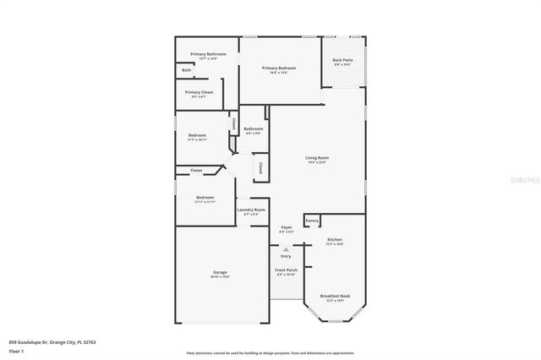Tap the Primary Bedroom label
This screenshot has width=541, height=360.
pyautogui.click(x=279, y=68)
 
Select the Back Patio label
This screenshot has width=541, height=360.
pyautogui.click(x=343, y=61)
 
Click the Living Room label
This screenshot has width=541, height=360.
pyautogui.click(x=317, y=158)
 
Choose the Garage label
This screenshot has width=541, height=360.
pyautogui.click(x=220, y=271)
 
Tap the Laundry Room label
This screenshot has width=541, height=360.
pyautogui.click(x=252, y=210)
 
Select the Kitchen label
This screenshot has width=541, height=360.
pyautogui.click(x=335, y=239)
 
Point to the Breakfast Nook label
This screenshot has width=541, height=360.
pyautogui.click(x=335, y=296)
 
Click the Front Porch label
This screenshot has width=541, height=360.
pyautogui.click(x=286, y=270)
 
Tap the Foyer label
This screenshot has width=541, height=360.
pyautogui.click(x=287, y=227)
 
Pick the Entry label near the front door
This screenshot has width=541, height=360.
pyautogui.click(x=286, y=256)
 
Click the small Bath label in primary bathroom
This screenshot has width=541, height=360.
pyautogui.click(x=186, y=70)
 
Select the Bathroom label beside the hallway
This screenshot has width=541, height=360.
pyautogui.click(x=254, y=129)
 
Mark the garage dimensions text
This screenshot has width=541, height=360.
pyautogui.click(x=220, y=276)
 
